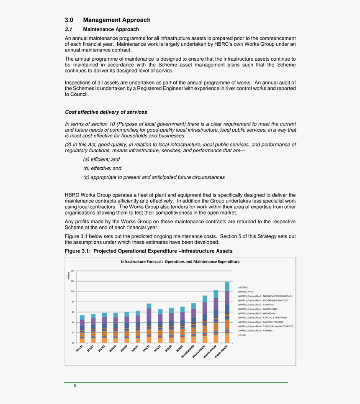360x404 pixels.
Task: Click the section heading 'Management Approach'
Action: click(117, 20)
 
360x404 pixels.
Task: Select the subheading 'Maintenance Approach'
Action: click(111, 30)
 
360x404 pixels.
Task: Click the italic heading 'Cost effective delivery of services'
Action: click(106, 112)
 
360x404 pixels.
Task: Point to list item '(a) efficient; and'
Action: click(101, 159)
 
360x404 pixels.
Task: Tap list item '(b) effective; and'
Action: click(102, 169)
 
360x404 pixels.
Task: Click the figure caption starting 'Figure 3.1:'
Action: click(148, 251)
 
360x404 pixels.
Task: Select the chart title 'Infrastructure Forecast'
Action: click(180, 262)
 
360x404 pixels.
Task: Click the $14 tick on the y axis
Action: click(72, 271)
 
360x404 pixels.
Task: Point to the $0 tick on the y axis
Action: click(72, 343)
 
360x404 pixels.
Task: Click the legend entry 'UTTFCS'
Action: click(244, 288)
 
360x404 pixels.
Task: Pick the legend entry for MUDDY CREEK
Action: click(258, 309)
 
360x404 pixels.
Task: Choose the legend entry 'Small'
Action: click(243, 335)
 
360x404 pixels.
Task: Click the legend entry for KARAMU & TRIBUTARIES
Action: click(263, 317)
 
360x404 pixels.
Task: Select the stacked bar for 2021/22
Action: click(149, 323)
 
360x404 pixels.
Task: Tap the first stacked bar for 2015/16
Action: click(82, 329)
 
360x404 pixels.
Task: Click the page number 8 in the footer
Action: click(75, 386)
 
